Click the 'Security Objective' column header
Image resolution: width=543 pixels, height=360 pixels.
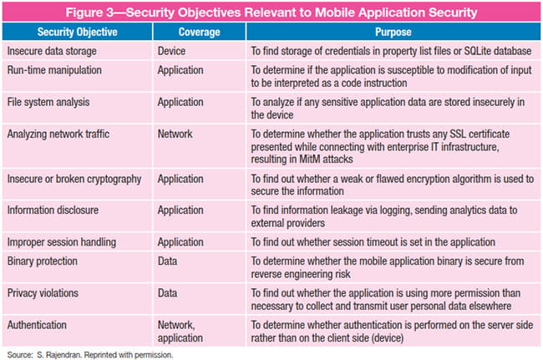(77, 33)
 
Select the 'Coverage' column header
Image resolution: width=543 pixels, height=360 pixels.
(199, 33)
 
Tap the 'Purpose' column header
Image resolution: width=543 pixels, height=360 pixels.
(393, 33)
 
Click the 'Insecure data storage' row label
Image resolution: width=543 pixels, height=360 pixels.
(52, 51)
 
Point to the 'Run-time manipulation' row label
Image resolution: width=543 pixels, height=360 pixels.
(54, 70)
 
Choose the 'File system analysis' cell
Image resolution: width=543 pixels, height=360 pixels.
(48, 102)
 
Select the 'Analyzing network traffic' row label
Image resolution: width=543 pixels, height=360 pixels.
(58, 134)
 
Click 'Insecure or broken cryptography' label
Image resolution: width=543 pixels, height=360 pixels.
(74, 179)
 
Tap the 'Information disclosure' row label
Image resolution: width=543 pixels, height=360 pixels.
(53, 210)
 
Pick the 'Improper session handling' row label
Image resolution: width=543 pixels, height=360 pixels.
(62, 242)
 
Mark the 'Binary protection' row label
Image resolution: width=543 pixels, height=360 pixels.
(43, 261)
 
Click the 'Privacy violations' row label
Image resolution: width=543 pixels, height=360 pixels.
(43, 293)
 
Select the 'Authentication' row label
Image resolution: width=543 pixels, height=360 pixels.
(37, 325)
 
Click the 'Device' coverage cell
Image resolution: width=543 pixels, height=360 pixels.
(171, 51)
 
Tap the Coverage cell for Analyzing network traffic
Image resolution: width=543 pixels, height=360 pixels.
(175, 134)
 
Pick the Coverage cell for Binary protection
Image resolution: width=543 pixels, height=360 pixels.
(167, 261)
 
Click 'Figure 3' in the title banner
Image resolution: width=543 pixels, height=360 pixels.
(89, 13)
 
